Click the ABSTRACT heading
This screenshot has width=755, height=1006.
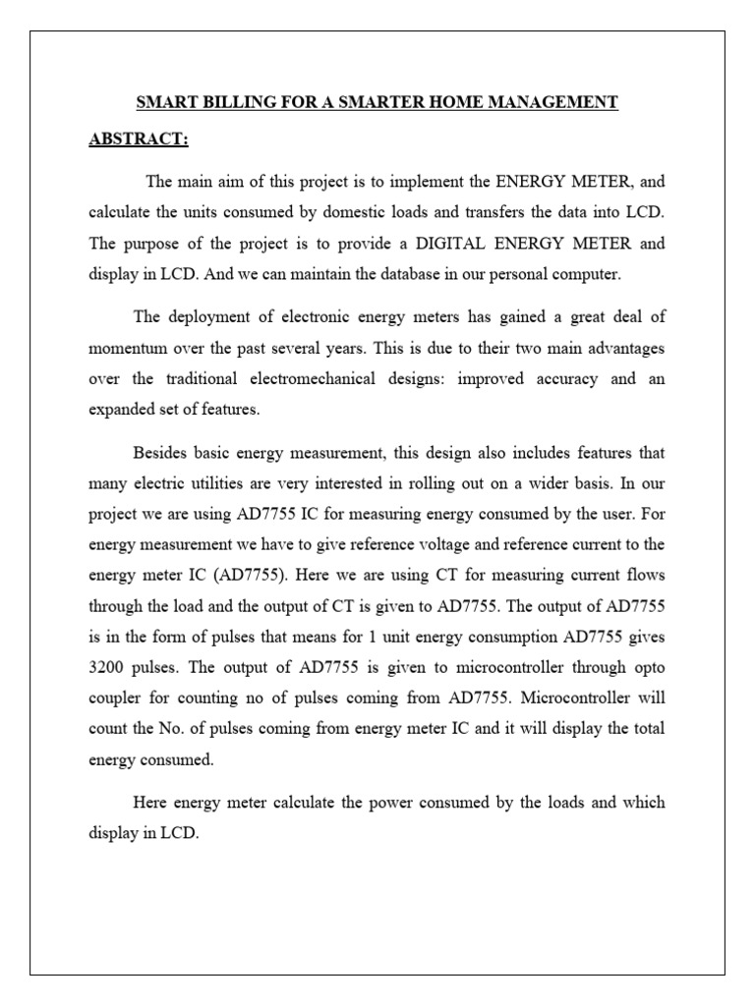[138, 139]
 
